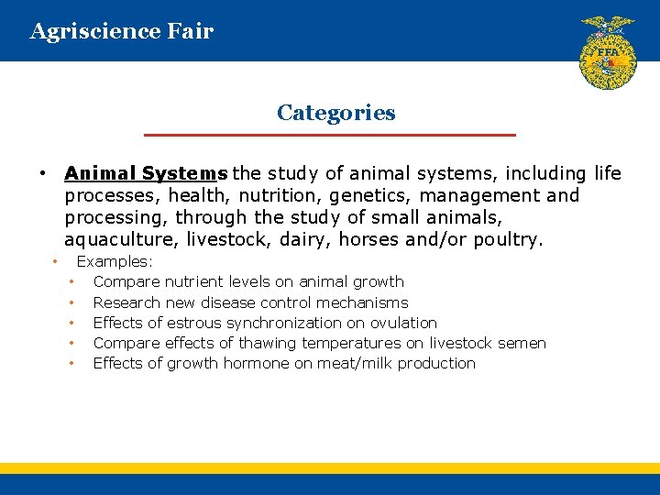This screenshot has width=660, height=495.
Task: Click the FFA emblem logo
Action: click(x=607, y=52)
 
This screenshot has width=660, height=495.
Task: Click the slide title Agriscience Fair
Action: click(x=122, y=31)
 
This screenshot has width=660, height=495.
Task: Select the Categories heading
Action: click(x=335, y=113)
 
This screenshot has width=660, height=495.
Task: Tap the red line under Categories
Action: click(x=330, y=135)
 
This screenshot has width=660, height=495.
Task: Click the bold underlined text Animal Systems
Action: click(x=146, y=173)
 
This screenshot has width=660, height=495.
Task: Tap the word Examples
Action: click(x=115, y=261)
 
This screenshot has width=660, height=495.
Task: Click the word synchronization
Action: click(x=285, y=323)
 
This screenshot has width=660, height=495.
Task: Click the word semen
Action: click(x=522, y=343)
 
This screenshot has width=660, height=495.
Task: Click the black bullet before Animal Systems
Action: click(x=42, y=174)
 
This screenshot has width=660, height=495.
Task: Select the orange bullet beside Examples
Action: click(x=55, y=261)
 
